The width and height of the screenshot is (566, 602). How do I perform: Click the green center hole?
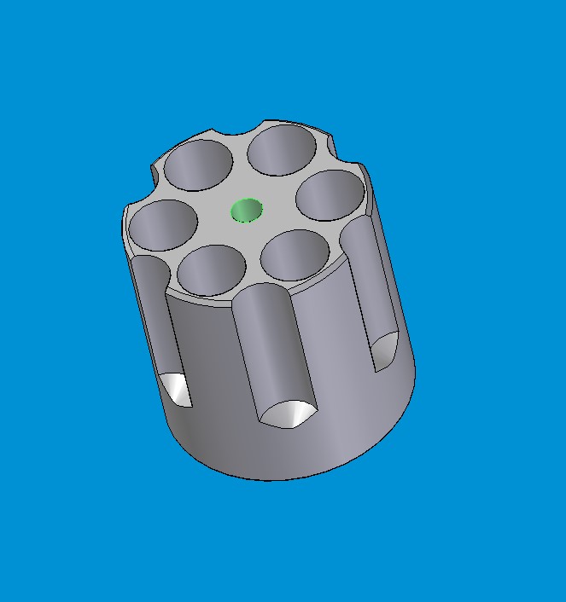point(248,210)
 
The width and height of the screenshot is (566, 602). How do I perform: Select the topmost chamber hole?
point(283,151)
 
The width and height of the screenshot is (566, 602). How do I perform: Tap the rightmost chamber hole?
point(330,196)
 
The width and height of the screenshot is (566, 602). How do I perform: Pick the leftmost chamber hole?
point(163,225)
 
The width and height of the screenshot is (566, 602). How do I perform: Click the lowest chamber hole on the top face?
point(213,269)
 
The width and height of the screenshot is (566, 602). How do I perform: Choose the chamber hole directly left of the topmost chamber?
point(198,165)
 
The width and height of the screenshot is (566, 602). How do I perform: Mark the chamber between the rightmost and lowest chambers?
point(295,255)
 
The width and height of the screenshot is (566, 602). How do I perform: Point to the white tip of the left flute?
point(178,389)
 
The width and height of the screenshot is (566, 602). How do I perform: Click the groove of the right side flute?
point(369,281)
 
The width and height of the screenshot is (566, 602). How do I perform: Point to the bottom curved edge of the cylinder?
point(273,478)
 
